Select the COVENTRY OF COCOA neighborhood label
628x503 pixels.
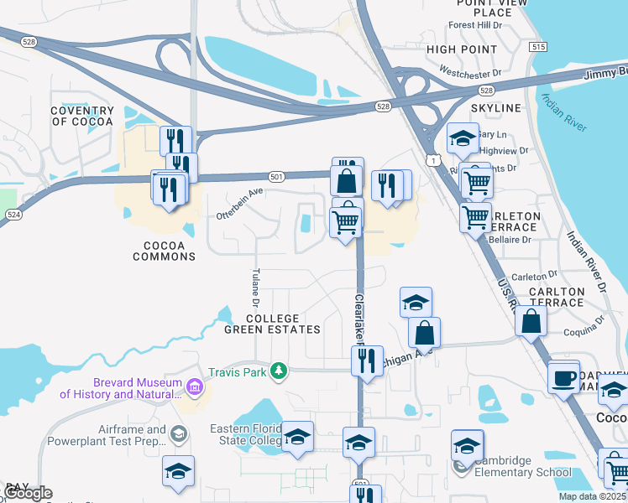coord(81,117)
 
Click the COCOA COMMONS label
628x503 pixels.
coord(165,251)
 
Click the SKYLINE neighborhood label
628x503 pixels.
coord(495,108)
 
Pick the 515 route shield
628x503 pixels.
coord(538,48)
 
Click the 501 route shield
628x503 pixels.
coord(276,176)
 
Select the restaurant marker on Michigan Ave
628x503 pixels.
coord(367,360)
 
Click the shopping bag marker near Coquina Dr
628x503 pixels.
coord(531,320)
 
